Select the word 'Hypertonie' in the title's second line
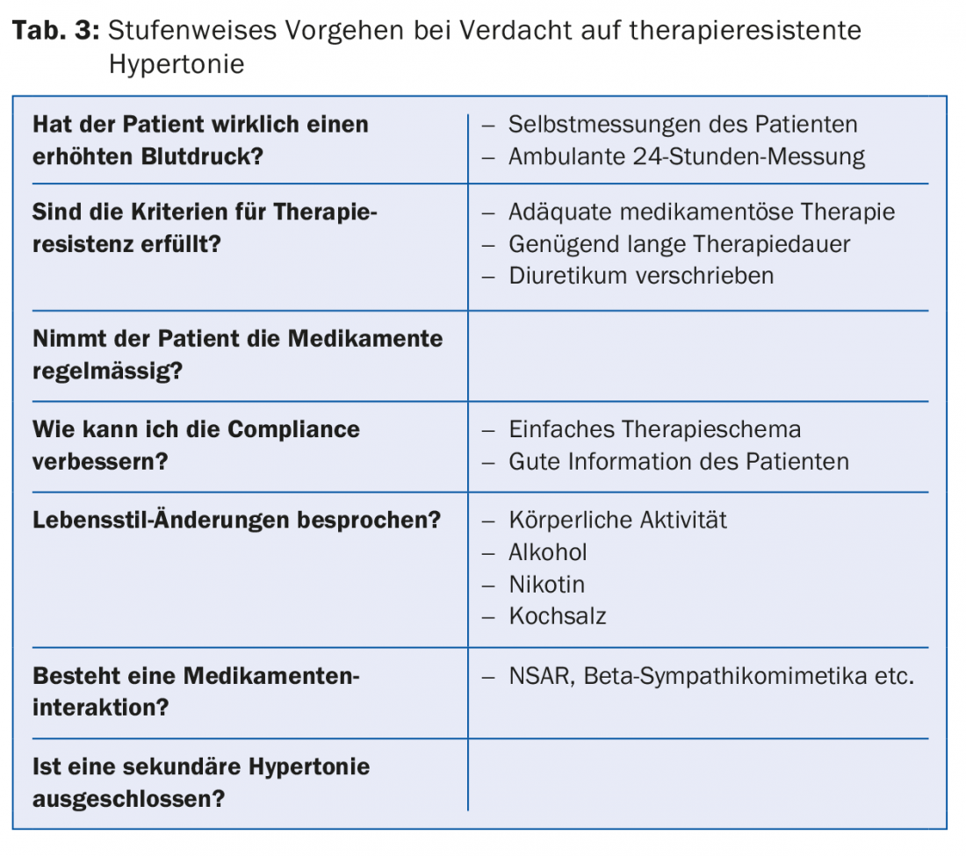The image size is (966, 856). [177, 65]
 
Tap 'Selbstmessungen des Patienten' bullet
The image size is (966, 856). [682, 125]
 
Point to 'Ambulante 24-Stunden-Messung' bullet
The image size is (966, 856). [686, 157]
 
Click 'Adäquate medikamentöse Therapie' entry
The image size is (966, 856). [702, 212]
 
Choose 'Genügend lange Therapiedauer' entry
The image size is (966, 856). [679, 244]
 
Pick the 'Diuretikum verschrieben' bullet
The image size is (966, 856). [641, 276]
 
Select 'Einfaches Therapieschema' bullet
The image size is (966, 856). [654, 429]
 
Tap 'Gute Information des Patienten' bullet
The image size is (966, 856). [678, 462]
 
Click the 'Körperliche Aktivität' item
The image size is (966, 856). [617, 520]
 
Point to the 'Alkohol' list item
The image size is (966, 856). [547, 552]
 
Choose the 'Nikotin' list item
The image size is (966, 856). [546, 585]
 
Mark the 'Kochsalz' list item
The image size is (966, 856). [558, 616]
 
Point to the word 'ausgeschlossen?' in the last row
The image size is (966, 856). [128, 800]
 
